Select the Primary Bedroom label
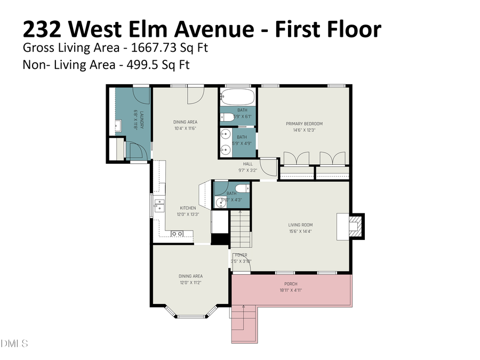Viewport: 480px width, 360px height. pyautogui.click(x=304, y=124)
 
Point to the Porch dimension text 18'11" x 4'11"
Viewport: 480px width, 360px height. pyautogui.click(x=291, y=290)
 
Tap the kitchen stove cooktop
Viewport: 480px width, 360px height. pyautogui.click(x=178, y=233)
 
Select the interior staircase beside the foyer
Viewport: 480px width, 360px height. pyautogui.click(x=241, y=228)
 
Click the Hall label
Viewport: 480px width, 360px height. pyautogui.click(x=248, y=164)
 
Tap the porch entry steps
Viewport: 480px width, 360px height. pyautogui.click(x=244, y=324)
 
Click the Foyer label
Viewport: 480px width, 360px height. pyautogui.click(x=241, y=255)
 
